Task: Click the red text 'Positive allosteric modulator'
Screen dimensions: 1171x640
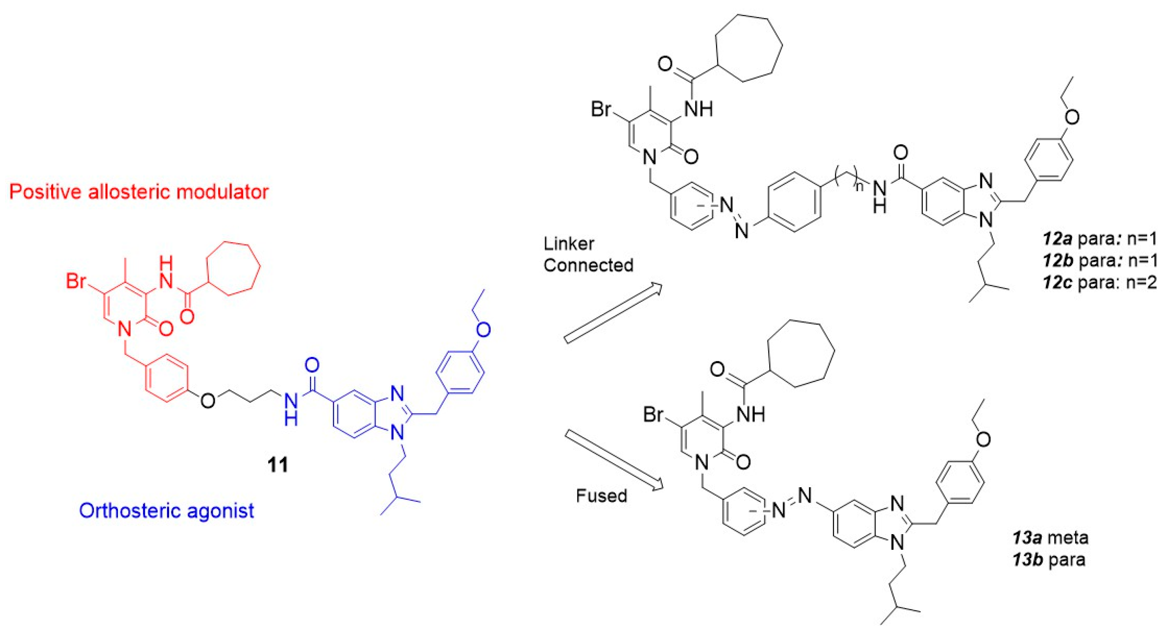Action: [x=139, y=192]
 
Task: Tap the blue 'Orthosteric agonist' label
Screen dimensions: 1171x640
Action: [x=166, y=511]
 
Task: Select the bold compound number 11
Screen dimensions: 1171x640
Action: [x=278, y=465]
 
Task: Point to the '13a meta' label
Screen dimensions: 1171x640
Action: [x=1051, y=538]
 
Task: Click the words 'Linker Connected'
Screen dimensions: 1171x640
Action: [x=588, y=254]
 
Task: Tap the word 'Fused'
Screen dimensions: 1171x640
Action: [x=601, y=496]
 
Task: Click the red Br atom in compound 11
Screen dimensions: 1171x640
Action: [x=76, y=281]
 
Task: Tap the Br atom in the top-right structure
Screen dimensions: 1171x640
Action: [x=601, y=110]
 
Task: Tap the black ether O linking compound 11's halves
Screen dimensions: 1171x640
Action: [x=208, y=401]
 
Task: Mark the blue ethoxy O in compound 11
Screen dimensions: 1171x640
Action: [x=484, y=329]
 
